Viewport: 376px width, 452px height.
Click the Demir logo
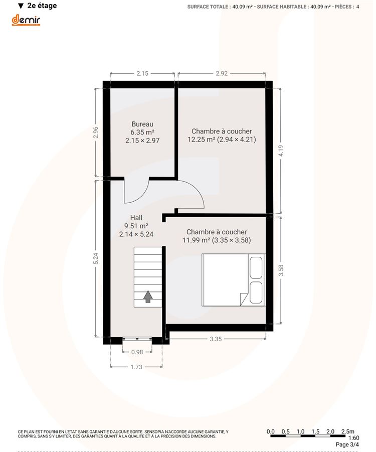(x=26, y=20)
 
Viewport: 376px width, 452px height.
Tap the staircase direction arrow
(x=148, y=296)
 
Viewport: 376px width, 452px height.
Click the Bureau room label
(x=142, y=124)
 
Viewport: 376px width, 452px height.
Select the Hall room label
(x=136, y=218)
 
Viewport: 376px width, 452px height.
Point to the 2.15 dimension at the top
(x=142, y=74)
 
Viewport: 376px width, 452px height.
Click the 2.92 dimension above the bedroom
(x=222, y=74)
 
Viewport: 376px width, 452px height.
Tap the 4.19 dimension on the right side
(x=281, y=150)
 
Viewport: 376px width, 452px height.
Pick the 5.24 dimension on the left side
(x=96, y=258)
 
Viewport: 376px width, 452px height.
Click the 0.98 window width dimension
(x=137, y=352)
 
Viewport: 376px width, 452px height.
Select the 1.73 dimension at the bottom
(x=136, y=367)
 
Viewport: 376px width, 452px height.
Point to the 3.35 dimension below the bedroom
(x=216, y=339)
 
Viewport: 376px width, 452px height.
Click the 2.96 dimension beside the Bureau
(x=96, y=132)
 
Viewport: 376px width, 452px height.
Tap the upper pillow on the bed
(x=256, y=267)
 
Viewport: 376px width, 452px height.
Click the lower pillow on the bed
(x=256, y=292)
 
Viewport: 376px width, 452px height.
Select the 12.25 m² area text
(x=202, y=139)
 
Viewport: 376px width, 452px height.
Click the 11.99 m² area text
(x=196, y=240)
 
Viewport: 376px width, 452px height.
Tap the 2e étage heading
(x=42, y=6)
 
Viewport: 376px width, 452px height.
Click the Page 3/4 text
(x=347, y=445)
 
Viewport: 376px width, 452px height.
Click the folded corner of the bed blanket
(x=244, y=299)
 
